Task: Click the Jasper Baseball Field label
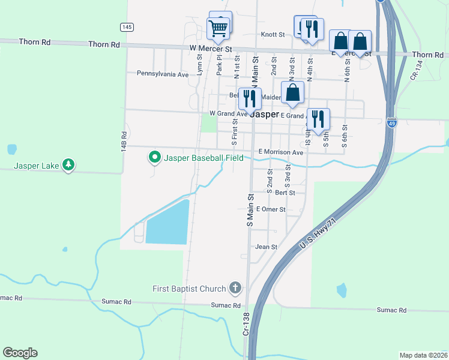coord(203,158)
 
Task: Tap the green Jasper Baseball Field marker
coord(154,158)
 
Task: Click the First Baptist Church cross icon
coord(235,289)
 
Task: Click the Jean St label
coord(266,247)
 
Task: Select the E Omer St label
coord(271,209)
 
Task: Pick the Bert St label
coord(285,193)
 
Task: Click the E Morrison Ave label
coord(281,152)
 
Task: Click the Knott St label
coord(273,35)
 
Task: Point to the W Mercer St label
coord(210,47)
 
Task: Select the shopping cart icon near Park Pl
coord(218,26)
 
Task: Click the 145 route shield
coord(127,27)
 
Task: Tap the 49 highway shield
coord(391,121)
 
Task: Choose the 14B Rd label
coord(124,141)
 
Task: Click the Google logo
coord(20,353)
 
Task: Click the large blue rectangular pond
coord(167,222)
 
